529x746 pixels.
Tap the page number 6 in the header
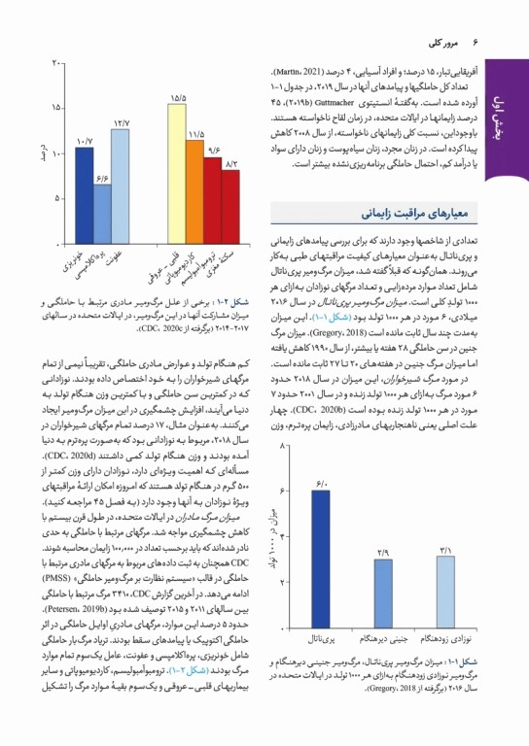pos(477,43)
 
